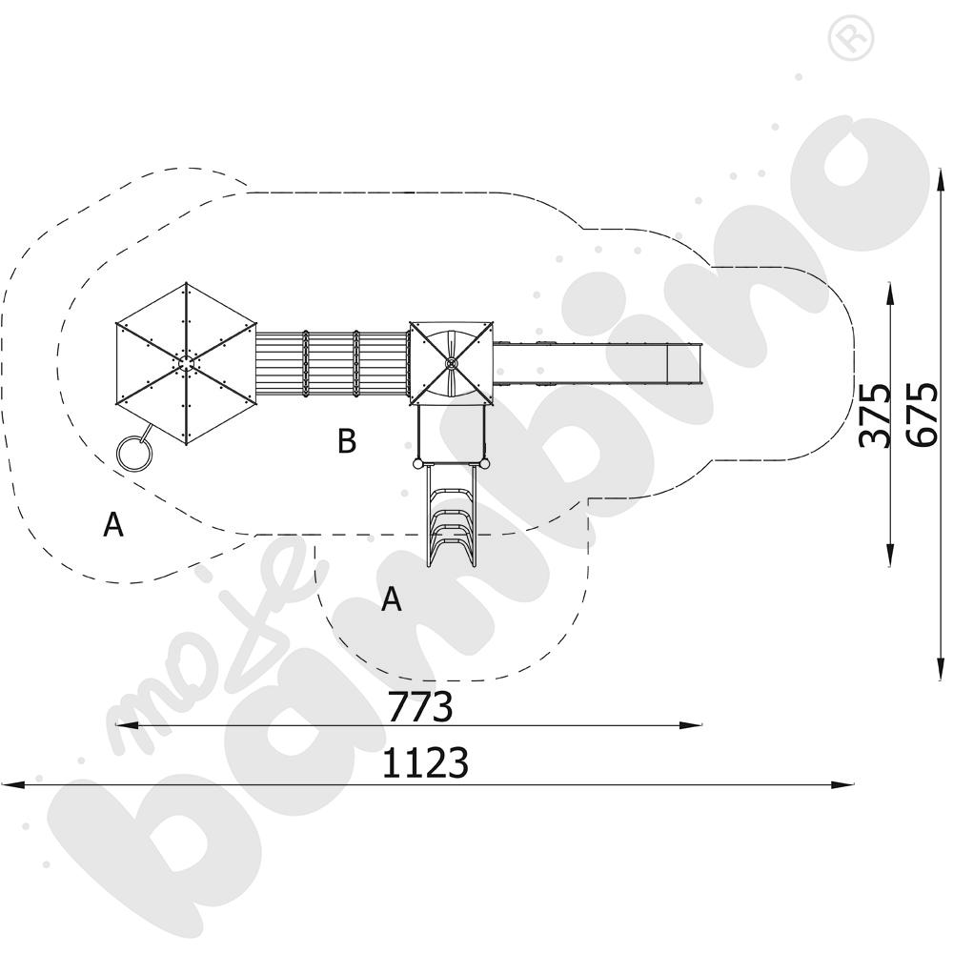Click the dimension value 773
[x=418, y=707]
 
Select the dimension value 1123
[x=425, y=763]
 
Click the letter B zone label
[x=347, y=441]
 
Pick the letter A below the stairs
[x=391, y=599]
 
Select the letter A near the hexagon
[x=113, y=524]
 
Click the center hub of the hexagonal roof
[x=186, y=362]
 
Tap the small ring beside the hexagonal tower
[x=131, y=453]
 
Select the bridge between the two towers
[x=332, y=363]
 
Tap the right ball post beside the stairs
[x=485, y=464]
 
